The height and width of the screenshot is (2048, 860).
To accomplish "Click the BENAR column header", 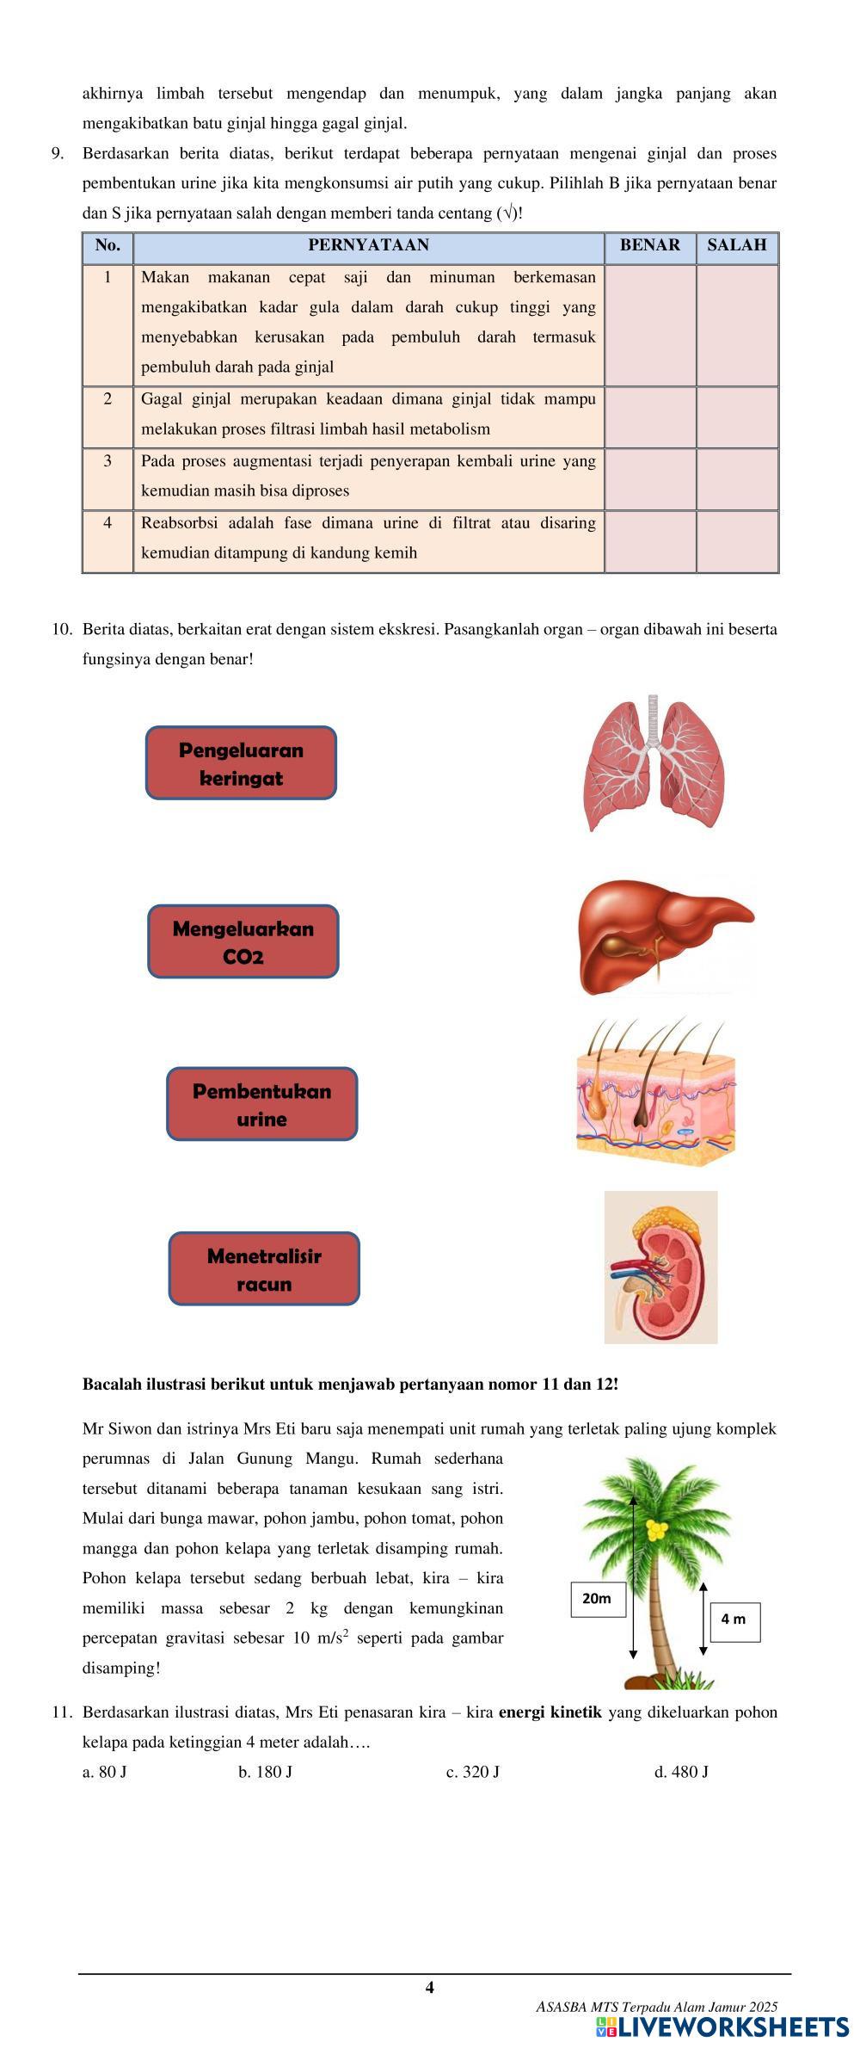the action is tap(649, 245).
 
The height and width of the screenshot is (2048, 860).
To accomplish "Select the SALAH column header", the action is tap(737, 245).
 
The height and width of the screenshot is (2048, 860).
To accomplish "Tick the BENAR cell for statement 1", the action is tap(650, 324).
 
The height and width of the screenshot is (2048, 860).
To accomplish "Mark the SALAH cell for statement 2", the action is tap(737, 416).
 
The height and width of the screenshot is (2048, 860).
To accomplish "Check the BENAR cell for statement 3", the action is tap(650, 478).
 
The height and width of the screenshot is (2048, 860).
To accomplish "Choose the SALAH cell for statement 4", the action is tap(737, 540).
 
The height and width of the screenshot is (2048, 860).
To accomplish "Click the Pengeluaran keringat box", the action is tap(241, 763).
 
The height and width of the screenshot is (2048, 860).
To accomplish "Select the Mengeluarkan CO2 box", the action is tap(243, 941).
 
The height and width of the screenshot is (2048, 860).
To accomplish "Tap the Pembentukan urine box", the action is tap(261, 1104).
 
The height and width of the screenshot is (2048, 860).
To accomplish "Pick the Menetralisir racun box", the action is tap(264, 1268).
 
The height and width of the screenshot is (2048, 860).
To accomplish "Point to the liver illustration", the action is tap(664, 936).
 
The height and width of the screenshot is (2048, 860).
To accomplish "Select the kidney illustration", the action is tap(660, 1267).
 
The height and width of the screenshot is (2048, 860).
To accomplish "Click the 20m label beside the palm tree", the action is tap(598, 1598).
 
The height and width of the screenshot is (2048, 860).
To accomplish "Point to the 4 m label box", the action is tap(734, 1619).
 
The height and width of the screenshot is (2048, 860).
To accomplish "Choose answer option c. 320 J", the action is tap(473, 1772).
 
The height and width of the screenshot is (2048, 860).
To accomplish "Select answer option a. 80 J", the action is tap(105, 1772).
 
